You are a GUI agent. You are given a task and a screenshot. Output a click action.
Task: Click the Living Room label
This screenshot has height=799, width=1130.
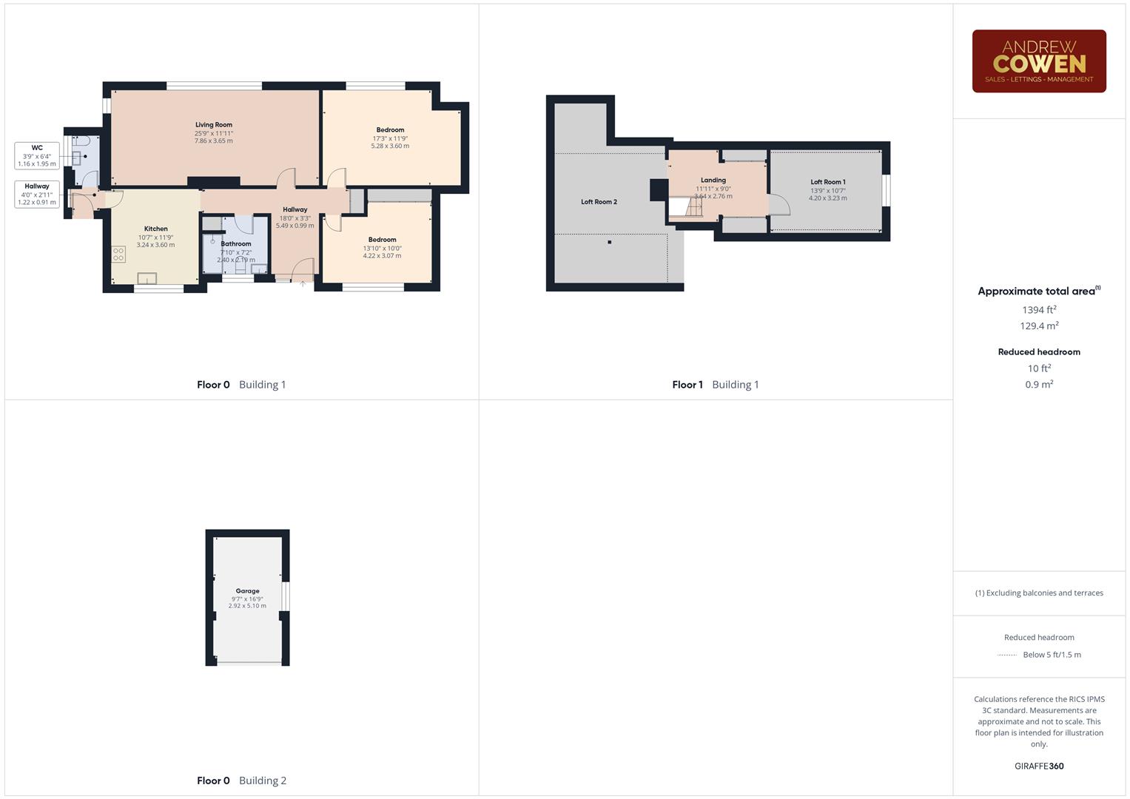pyautogui.click(x=214, y=125)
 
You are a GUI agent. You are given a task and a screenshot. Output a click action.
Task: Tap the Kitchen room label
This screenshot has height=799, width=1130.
pyautogui.click(x=155, y=229)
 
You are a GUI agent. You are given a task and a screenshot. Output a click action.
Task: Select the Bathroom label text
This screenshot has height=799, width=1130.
pyautogui.click(x=236, y=243)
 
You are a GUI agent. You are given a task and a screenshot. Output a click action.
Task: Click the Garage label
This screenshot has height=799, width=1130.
pyautogui.click(x=247, y=591)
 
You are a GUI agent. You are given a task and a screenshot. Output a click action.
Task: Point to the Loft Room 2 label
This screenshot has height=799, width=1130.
pyautogui.click(x=599, y=202)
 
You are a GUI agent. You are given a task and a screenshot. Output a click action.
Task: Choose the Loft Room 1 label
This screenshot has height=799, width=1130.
pyautogui.click(x=827, y=182)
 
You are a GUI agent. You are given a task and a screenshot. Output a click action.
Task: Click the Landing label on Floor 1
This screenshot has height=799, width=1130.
pyautogui.click(x=713, y=180)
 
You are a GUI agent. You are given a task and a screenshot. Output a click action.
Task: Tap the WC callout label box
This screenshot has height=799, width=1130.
pyautogui.click(x=37, y=155)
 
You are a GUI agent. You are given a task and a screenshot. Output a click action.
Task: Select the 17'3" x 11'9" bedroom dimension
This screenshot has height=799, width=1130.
pyautogui.click(x=390, y=138)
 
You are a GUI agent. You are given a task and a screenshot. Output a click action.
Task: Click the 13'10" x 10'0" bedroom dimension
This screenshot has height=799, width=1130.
pyautogui.click(x=382, y=248)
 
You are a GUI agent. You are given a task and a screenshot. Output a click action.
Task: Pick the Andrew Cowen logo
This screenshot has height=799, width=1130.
pyautogui.click(x=1039, y=61)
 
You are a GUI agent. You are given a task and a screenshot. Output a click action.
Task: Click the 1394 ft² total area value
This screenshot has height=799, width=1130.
pyautogui.click(x=1039, y=310)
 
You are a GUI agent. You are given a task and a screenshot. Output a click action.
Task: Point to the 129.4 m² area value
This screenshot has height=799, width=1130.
pyautogui.click(x=1039, y=326)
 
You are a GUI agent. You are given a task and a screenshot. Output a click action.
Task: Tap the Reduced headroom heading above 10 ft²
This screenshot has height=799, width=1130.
pyautogui.click(x=1039, y=352)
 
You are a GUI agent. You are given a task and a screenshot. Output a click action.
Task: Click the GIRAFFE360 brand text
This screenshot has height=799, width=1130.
pyautogui.click(x=1039, y=766)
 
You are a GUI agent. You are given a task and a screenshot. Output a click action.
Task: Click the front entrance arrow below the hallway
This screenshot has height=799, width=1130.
pyautogui.click(x=303, y=284)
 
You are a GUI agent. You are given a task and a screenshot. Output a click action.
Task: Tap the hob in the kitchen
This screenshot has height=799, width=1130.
pyautogui.click(x=118, y=254)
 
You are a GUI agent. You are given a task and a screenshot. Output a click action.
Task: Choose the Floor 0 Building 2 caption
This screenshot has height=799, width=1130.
pyautogui.click(x=241, y=781)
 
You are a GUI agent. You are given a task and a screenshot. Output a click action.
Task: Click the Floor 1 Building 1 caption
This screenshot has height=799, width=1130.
pyautogui.click(x=715, y=385)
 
